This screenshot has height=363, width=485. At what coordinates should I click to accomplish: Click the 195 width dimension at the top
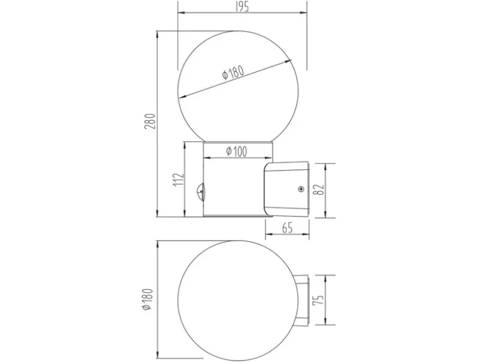coord(242,7)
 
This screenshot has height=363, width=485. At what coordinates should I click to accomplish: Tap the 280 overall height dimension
coord(150,121)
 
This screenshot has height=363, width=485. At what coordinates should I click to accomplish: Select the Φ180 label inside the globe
coord(233,73)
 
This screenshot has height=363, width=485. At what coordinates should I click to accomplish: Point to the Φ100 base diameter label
coord(237,151)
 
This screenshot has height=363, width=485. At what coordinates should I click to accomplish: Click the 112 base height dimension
coord(178,179)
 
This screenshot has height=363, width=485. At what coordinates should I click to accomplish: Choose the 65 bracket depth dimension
coord(287,228)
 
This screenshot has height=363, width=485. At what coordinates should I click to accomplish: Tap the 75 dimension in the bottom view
coord(318,300)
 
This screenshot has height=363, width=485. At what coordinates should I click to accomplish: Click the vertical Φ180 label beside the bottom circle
coord(147,300)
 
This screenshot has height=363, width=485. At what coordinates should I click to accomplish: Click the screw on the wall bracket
coord(300,189)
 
